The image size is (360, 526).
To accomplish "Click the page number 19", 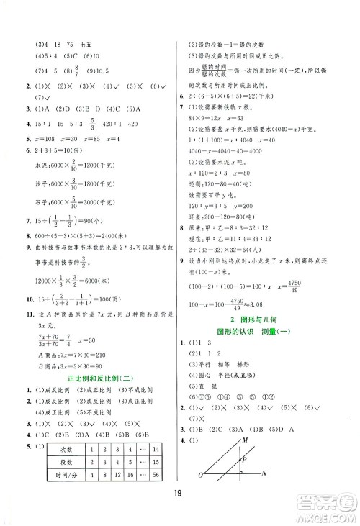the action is pos(180,503).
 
